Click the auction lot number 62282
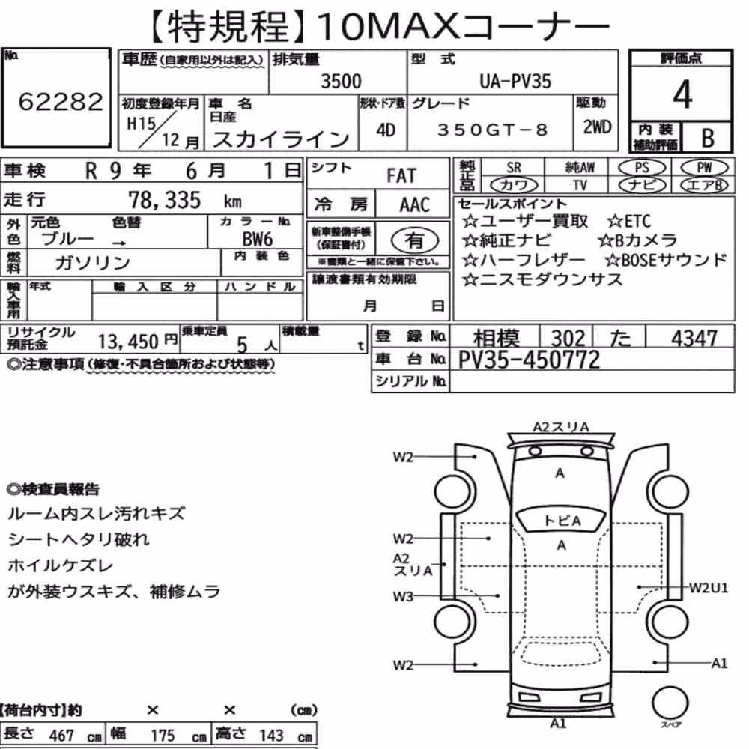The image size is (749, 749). [x=61, y=101]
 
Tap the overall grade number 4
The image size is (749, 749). [x=682, y=94]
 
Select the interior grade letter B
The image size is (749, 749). [x=708, y=138]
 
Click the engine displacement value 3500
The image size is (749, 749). [x=341, y=81]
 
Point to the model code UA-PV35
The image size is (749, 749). [x=515, y=81]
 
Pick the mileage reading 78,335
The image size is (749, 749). [x=165, y=200]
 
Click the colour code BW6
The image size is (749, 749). [x=258, y=239]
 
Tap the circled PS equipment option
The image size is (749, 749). [x=642, y=168]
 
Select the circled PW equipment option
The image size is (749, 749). [x=704, y=168]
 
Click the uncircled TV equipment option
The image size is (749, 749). [x=580, y=184]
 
